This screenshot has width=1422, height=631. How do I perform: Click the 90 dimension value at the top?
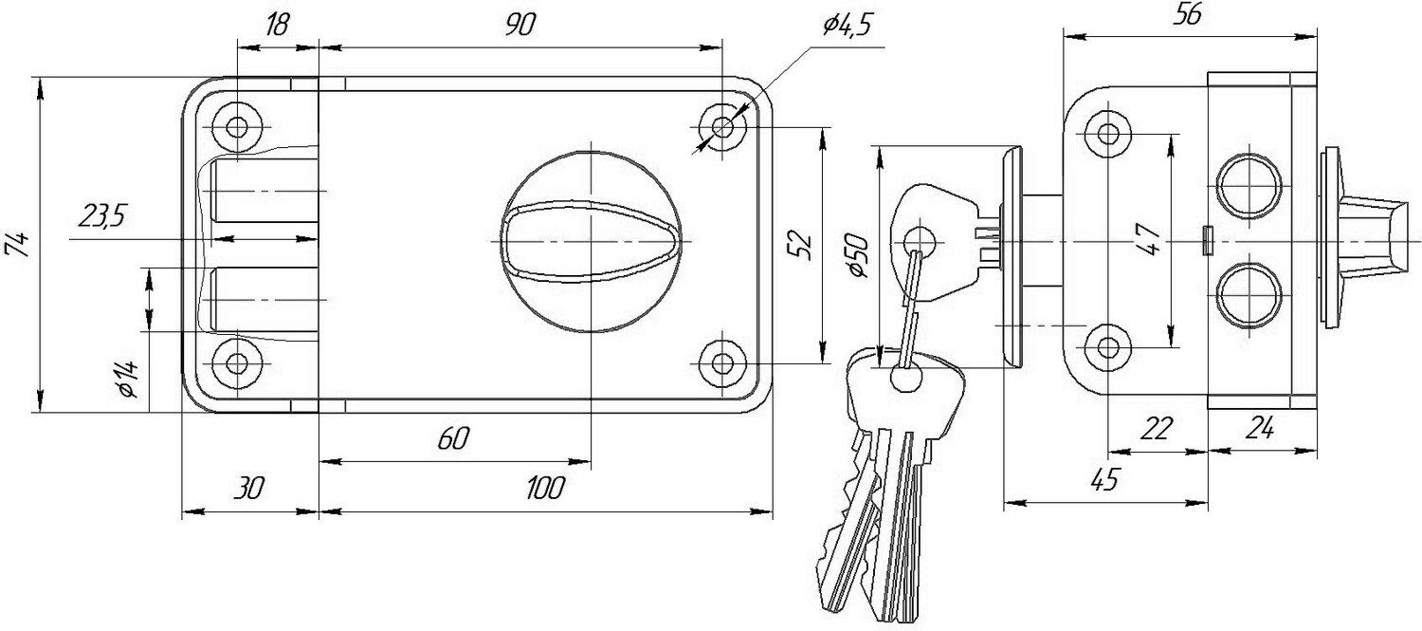pyautogui.click(x=520, y=25)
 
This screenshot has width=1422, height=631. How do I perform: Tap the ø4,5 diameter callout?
pyautogui.click(x=848, y=25)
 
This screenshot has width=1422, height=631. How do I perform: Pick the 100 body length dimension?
pyautogui.click(x=545, y=488)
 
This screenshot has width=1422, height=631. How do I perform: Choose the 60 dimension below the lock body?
pyautogui.click(x=453, y=438)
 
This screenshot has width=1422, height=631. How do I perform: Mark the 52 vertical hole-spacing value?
pyautogui.click(x=802, y=245)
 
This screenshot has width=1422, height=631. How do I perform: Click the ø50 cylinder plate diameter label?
pyautogui.click(x=858, y=255)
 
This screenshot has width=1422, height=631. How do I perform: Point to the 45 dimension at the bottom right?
pyautogui.click(x=1104, y=479)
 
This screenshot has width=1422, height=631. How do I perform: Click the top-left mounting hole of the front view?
pyautogui.click(x=237, y=127)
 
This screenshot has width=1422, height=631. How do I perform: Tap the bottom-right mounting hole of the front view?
pyautogui.click(x=722, y=363)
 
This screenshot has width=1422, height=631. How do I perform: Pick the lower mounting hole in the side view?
pyautogui.click(x=1108, y=347)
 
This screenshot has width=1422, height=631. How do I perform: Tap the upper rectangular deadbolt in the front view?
pyautogui.click(x=266, y=191)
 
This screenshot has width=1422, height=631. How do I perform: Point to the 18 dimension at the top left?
pyautogui.click(x=277, y=25)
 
